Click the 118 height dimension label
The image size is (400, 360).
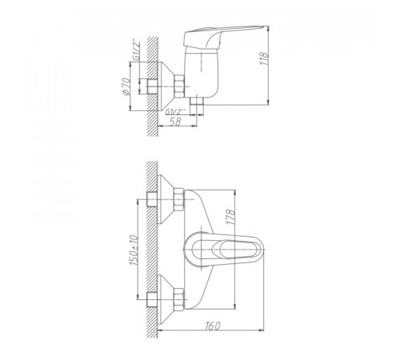(x=264, y=58)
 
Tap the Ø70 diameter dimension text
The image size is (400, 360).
(x=126, y=86)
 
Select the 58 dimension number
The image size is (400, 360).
(x=175, y=121)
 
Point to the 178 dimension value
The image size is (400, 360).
(x=231, y=217)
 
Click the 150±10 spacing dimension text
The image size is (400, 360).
(x=134, y=250)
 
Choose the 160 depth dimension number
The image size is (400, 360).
(x=213, y=326)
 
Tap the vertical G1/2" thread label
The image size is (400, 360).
(x=136, y=50)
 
